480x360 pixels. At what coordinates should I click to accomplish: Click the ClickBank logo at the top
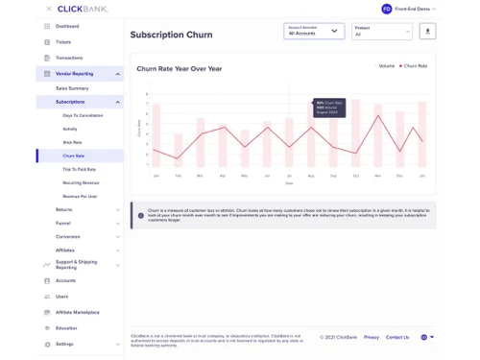click(x=84, y=9)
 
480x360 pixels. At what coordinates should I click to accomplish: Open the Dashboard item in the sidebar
click(x=67, y=26)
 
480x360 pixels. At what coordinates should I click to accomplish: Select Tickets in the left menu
click(x=63, y=42)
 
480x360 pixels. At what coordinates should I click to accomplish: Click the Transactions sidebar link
click(x=69, y=58)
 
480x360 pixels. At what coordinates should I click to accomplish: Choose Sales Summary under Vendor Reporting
click(x=72, y=87)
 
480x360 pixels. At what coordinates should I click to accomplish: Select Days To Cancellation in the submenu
click(x=83, y=115)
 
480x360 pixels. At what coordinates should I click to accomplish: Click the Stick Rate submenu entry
click(x=72, y=142)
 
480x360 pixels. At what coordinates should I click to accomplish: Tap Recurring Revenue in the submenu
click(x=81, y=182)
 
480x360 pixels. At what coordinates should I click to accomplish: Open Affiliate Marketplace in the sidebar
click(x=77, y=312)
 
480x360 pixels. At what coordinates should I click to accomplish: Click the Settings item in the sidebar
click(x=64, y=344)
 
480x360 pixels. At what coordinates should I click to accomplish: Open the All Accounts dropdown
click(x=314, y=31)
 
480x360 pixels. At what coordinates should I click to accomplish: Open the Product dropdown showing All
click(x=381, y=31)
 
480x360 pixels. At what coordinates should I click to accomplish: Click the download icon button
click(x=427, y=31)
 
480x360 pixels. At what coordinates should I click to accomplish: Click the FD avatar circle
click(x=387, y=9)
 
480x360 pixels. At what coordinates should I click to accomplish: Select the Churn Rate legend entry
click(x=415, y=66)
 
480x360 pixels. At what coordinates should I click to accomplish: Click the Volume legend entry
click(x=386, y=66)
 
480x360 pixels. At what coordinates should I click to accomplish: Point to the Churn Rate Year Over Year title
click(x=180, y=69)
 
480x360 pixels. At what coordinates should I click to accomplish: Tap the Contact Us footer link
click(x=397, y=337)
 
